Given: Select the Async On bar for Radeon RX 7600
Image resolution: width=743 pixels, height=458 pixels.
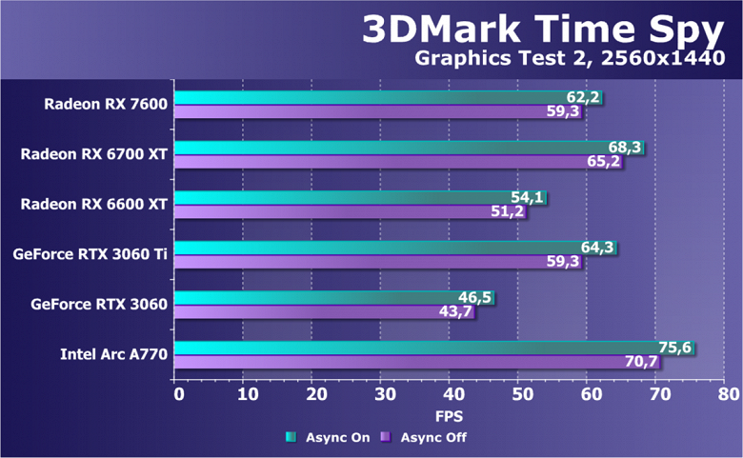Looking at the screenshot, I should tap(381, 97).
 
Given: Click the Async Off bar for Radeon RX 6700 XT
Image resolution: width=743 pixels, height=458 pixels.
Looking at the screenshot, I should tap(391, 162).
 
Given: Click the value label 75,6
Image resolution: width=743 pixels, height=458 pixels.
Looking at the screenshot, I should tap(674, 348).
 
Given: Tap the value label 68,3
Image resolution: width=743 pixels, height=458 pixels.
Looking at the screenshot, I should tap(625, 148).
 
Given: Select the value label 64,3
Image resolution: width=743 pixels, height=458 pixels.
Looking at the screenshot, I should tap(597, 248).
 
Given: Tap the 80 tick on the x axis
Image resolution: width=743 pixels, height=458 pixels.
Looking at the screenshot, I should tap(728, 392).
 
